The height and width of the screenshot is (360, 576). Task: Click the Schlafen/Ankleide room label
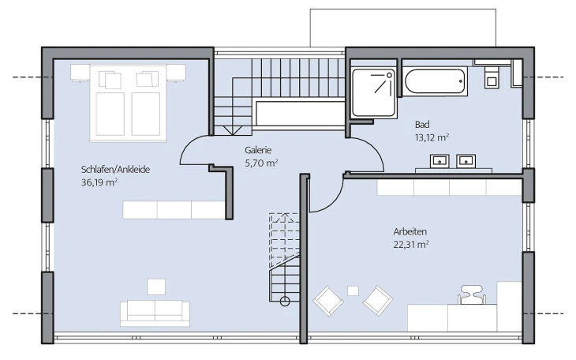click(x=115, y=170)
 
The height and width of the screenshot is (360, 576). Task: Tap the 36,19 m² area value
click(x=99, y=182)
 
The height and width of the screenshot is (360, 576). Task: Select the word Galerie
click(x=258, y=150)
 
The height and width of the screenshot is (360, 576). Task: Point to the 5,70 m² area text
click(x=261, y=163)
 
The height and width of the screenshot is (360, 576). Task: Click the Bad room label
click(x=422, y=124)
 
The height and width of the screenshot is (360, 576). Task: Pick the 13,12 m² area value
click(x=432, y=137)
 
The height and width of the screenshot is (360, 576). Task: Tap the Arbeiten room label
click(x=410, y=231)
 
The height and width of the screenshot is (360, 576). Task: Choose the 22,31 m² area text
click(x=411, y=245)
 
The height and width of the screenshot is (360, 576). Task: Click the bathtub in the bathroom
click(x=435, y=81)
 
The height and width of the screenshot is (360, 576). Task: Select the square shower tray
click(x=374, y=92)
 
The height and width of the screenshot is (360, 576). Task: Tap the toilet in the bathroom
click(x=491, y=77)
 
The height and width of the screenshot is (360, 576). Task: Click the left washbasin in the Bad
click(x=439, y=161)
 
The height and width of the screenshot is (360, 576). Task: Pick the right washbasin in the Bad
click(x=466, y=161)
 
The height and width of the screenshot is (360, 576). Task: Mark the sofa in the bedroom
click(x=155, y=313)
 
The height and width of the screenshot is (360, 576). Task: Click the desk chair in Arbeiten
click(x=472, y=294)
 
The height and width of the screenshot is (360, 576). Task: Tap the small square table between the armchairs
click(x=353, y=291)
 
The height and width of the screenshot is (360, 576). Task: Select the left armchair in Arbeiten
click(x=328, y=301)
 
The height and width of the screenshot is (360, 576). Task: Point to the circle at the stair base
click(x=285, y=302)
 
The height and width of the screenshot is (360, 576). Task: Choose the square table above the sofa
click(x=156, y=287)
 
